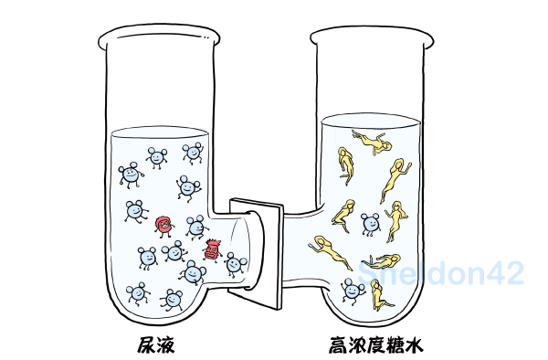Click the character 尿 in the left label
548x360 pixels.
coord(146,344)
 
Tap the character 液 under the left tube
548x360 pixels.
coord(165,344)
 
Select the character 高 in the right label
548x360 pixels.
coord(338,344)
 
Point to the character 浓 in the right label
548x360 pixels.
coord(357,344)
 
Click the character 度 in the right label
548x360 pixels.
coord(376,344)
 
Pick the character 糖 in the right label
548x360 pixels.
coord(395,344)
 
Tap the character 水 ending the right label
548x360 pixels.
coord(414,344)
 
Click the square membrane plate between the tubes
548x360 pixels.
coord(256,254)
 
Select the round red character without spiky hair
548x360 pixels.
coord(163,226)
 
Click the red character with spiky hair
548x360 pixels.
coord(212,250)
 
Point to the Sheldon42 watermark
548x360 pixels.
coord(441,272)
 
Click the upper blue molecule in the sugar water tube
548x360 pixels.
coord(371,224)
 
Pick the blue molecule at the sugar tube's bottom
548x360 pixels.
coord(353,291)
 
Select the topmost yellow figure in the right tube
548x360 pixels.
coord(373,143)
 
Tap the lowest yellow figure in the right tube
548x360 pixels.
coord(380,295)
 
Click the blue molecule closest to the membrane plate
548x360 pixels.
coord(236,264)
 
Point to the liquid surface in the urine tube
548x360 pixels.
coord(159,132)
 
